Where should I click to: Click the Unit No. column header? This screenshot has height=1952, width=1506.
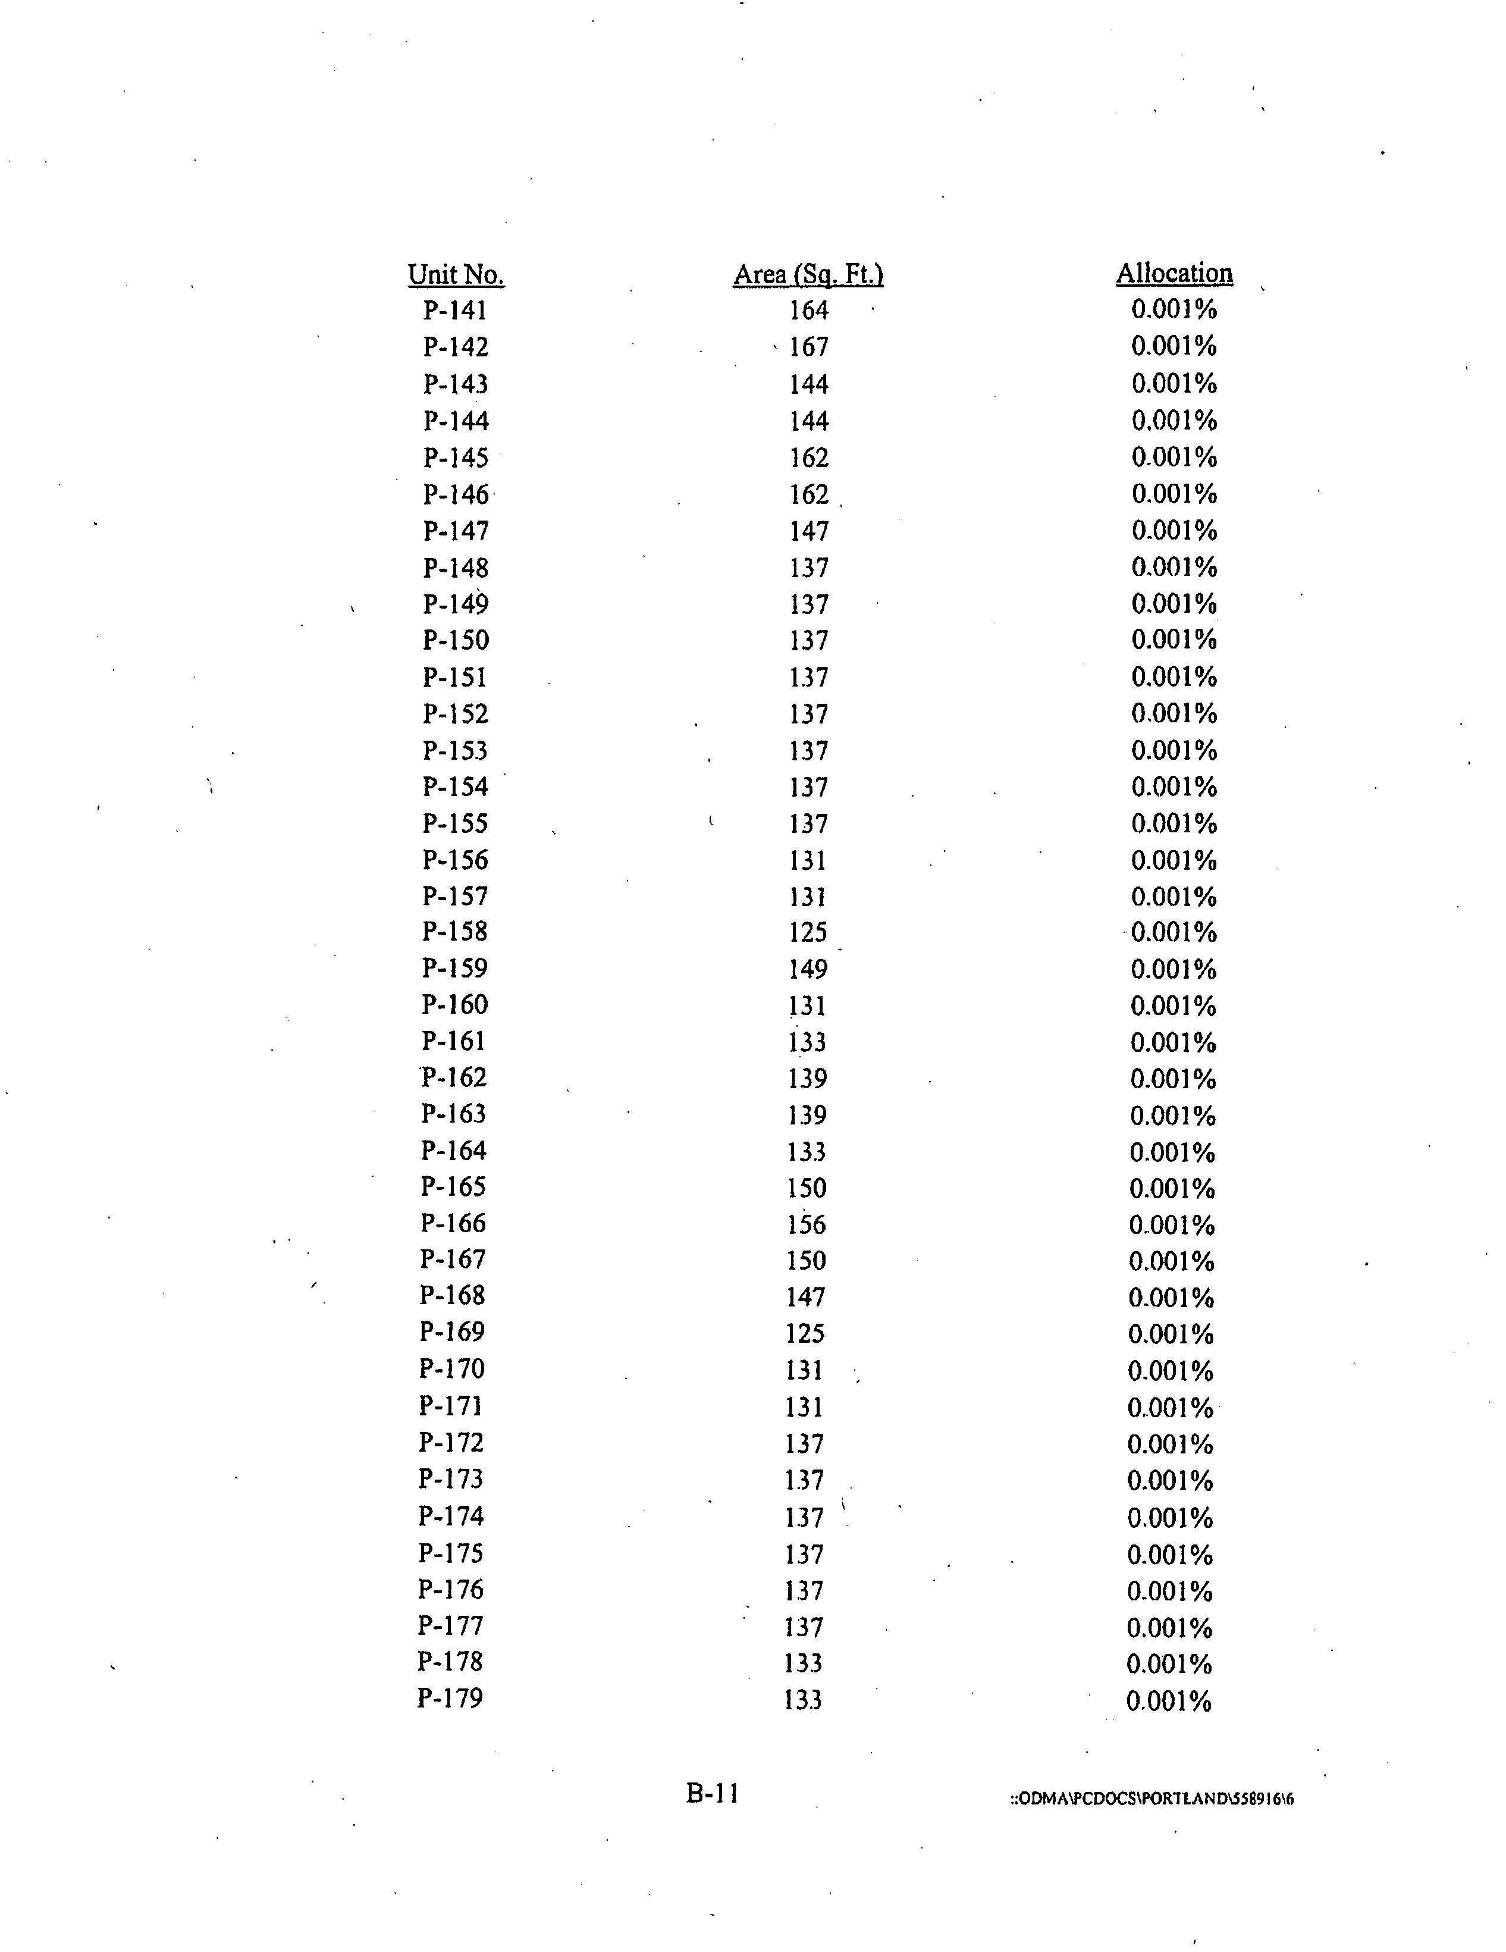(456, 274)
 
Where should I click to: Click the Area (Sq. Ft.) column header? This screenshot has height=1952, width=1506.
(808, 274)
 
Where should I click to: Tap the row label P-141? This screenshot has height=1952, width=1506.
(456, 310)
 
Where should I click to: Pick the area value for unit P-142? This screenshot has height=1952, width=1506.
(808, 347)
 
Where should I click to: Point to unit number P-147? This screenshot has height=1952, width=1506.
(456, 531)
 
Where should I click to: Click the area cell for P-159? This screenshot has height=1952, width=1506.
(808, 969)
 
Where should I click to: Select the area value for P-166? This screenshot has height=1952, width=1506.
(806, 1224)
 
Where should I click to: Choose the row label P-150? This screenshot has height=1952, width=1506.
(456, 640)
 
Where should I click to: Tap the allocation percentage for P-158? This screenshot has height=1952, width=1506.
(1174, 932)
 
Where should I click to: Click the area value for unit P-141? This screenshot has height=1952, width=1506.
(808, 310)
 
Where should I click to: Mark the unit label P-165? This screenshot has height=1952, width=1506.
(453, 1187)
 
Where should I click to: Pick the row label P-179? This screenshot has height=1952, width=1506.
(450, 1697)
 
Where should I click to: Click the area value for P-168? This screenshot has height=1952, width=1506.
(806, 1297)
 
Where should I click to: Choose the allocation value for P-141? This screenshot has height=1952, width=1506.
(1174, 309)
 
